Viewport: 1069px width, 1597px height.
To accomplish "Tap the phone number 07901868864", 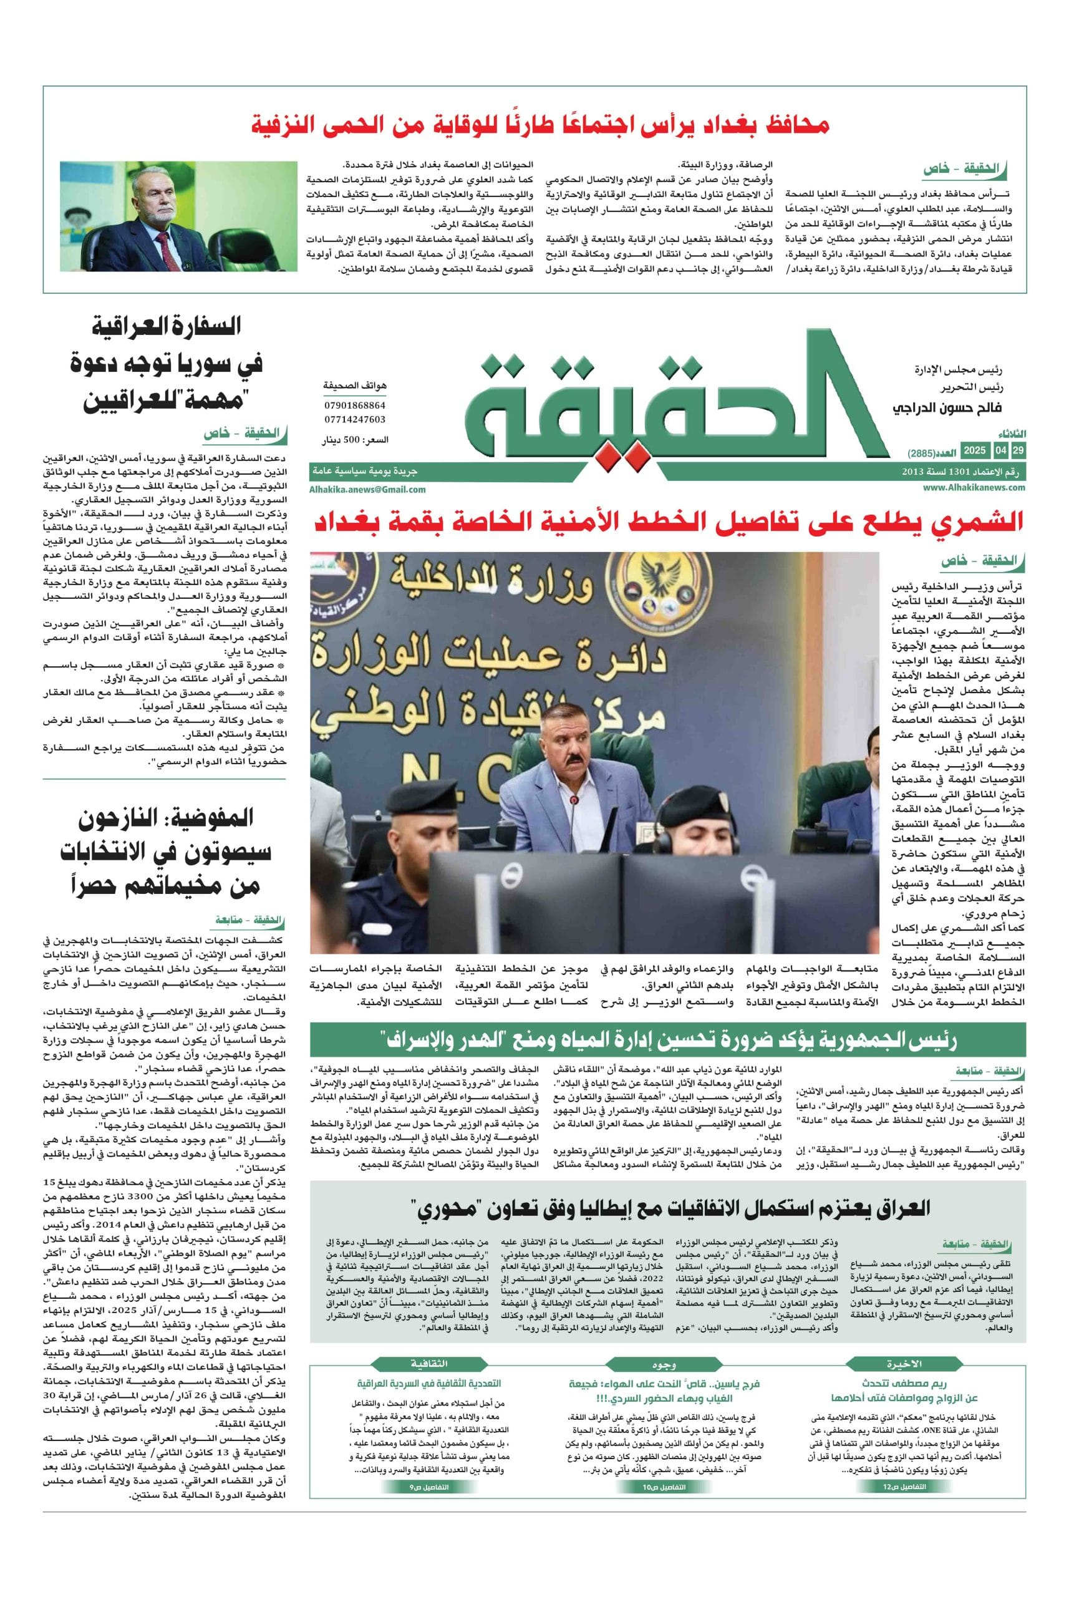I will [354, 405].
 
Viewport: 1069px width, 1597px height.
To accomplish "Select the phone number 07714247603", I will [354, 419].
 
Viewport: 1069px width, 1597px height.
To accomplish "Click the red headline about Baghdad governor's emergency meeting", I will [541, 125].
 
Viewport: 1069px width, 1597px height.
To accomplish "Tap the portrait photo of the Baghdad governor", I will [178, 216].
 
